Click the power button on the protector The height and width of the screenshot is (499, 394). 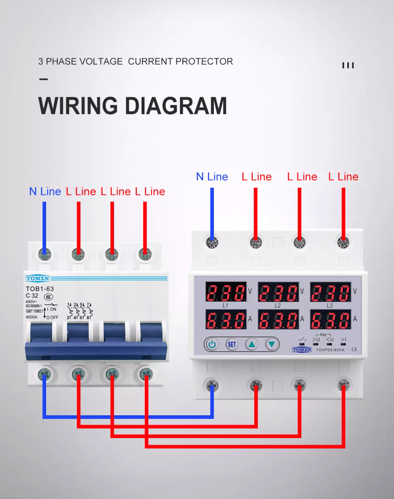(212, 344)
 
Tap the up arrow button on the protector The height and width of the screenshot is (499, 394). (252, 344)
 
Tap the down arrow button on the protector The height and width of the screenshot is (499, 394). (272, 344)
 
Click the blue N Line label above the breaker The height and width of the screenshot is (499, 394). (45, 191)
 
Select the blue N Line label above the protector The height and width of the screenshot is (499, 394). (212, 177)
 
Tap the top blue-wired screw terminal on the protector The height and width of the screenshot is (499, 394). (212, 243)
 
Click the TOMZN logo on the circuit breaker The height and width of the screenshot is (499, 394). (37, 278)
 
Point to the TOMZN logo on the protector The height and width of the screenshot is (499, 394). (302, 350)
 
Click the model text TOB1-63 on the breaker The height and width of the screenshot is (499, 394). (40, 289)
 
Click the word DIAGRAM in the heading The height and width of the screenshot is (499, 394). (180, 105)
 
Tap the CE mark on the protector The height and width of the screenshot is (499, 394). (354, 350)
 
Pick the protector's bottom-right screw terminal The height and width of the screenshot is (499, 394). (342, 385)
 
